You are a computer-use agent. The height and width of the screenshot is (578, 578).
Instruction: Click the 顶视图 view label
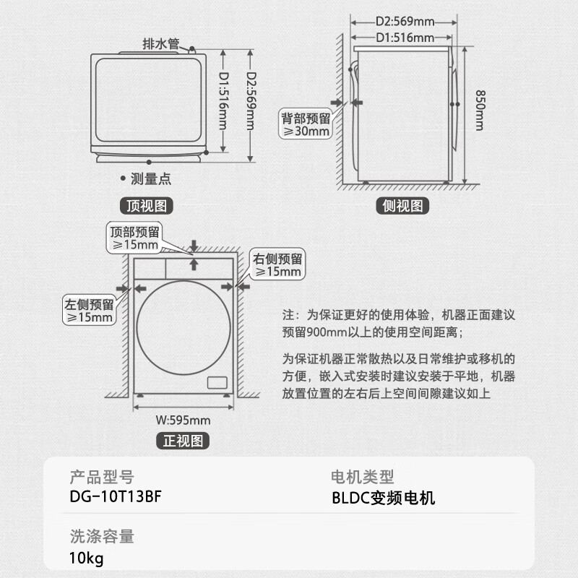[147, 206]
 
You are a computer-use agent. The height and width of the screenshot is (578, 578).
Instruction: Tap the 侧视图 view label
[404, 206]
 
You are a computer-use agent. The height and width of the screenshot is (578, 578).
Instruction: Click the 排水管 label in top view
[161, 44]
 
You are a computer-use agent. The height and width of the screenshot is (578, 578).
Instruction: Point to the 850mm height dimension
[479, 110]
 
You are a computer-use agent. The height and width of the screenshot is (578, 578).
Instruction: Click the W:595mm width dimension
[183, 420]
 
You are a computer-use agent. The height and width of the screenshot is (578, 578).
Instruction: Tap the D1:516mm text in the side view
[405, 38]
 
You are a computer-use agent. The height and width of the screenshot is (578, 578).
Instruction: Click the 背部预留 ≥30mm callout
[306, 125]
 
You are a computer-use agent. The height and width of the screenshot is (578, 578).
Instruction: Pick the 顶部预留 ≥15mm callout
[135, 238]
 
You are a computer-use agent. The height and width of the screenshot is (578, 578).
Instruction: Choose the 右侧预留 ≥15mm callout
[277, 265]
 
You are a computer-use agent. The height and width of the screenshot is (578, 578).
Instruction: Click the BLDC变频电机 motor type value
[383, 498]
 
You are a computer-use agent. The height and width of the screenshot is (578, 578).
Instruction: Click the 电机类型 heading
[362, 477]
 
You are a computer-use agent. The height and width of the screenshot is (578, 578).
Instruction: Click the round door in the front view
[183, 328]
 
